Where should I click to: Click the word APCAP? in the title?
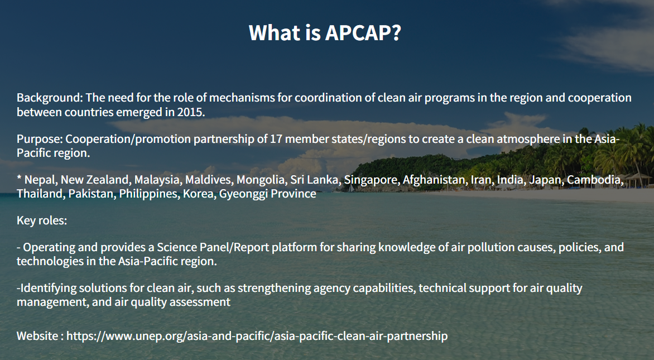(x=363, y=32)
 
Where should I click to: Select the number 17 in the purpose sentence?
(x=276, y=138)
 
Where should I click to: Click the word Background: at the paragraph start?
(x=50, y=98)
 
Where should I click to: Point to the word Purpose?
(x=40, y=139)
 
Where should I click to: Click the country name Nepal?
(x=41, y=180)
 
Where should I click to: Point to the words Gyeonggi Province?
(x=267, y=194)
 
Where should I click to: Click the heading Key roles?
(x=42, y=220)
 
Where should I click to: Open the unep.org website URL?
(x=257, y=336)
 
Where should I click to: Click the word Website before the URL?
(x=37, y=336)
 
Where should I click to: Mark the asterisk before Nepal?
(x=19, y=178)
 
